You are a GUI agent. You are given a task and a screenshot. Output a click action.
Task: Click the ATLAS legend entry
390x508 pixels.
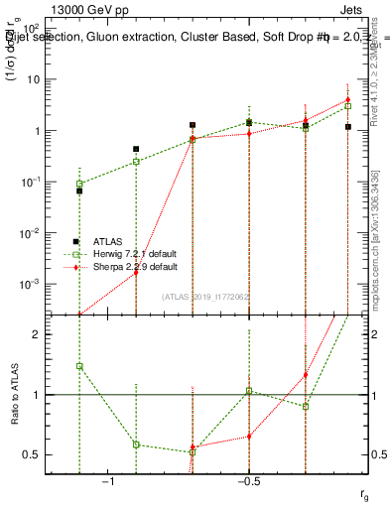click(108, 241)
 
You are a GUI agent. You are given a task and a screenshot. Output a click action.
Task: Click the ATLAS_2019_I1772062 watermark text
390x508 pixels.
click(207, 297)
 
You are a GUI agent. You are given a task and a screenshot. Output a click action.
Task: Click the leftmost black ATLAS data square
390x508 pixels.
click(79, 190)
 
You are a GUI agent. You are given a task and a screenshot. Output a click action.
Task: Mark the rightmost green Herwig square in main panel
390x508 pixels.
click(348, 105)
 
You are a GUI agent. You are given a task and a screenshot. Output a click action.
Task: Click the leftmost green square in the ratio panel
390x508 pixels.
click(79, 366)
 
